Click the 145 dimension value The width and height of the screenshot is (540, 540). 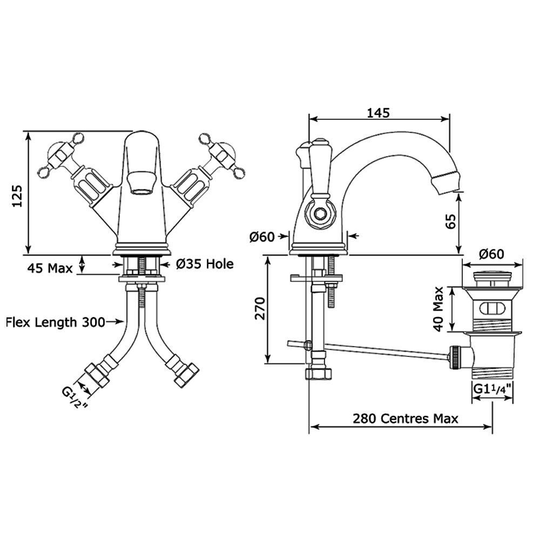[x=378, y=113]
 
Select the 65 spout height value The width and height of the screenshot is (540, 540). [x=451, y=221]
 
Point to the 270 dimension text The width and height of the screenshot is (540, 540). [x=260, y=308]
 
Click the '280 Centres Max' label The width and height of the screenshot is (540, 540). [x=405, y=418]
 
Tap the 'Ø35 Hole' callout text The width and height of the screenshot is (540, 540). [x=205, y=264]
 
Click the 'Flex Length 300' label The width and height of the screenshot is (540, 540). [x=56, y=322]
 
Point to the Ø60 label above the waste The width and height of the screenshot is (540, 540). [x=491, y=253]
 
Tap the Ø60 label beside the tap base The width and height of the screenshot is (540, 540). [x=262, y=237]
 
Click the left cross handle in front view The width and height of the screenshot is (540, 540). [x=59, y=157]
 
